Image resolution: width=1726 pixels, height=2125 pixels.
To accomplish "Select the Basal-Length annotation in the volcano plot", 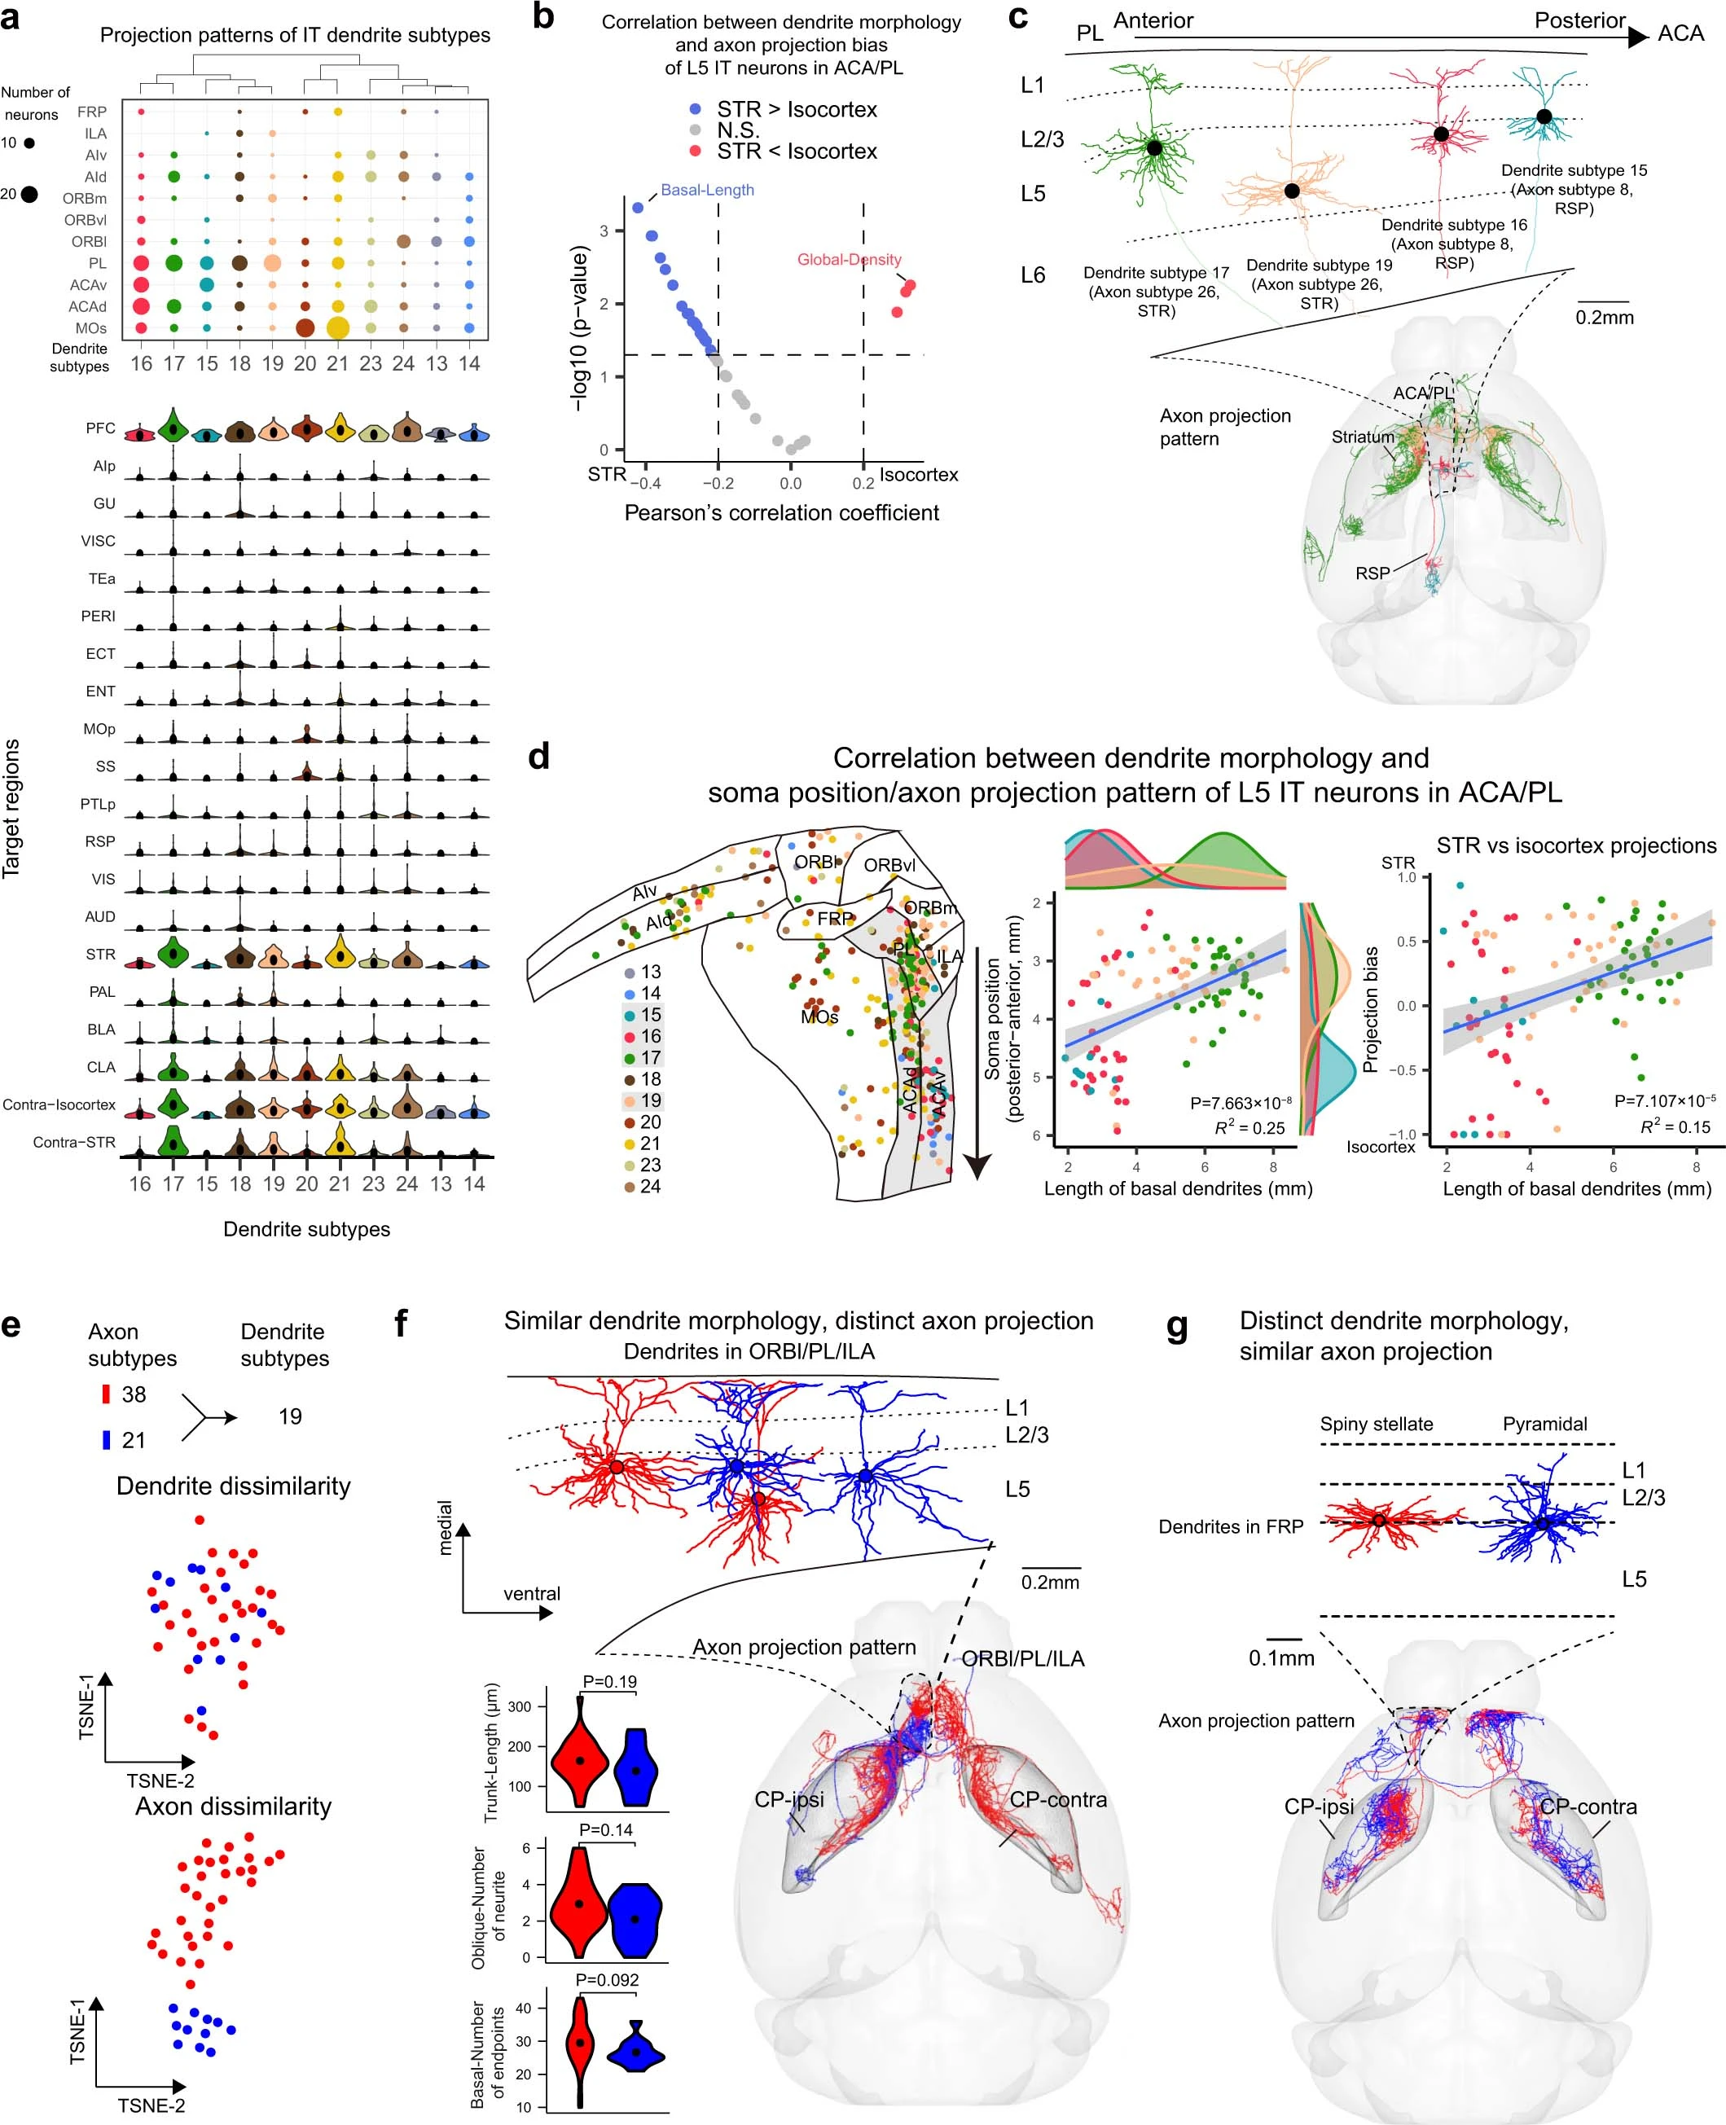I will tap(707, 190).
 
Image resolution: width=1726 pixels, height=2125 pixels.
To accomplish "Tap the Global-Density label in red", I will tap(849, 259).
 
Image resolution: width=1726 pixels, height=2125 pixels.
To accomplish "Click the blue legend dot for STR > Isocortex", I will tap(695, 109).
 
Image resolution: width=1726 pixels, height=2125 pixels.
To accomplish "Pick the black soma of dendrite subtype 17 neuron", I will tap(1154, 148).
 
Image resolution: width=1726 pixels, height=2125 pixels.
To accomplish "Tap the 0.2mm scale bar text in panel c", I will tap(1604, 318).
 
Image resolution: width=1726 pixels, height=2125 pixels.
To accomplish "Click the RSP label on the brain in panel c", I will tap(1372, 573).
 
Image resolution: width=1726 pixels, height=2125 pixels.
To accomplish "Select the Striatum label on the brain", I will tap(1362, 437).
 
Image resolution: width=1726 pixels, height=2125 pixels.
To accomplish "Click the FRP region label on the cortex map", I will tap(834, 920).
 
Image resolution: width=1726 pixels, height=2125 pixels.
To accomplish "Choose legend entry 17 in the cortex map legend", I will tap(650, 1057).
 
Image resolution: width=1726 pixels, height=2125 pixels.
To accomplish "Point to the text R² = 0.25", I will tap(1249, 1128).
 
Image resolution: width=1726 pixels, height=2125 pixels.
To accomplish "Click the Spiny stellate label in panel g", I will tap(1376, 1423).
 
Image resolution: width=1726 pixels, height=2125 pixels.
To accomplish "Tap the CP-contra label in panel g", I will tap(1588, 1806).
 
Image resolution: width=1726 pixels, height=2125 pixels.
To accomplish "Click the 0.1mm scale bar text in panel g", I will tap(1281, 1657).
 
